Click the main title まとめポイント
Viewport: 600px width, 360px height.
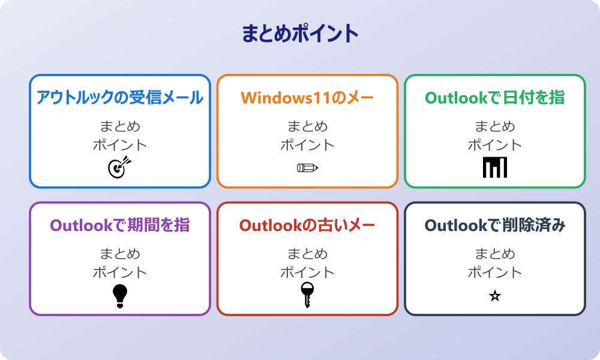pyautogui.click(x=300, y=34)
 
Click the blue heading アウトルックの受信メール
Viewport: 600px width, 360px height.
pyautogui.click(x=120, y=98)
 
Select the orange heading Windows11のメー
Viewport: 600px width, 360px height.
pyautogui.click(x=307, y=98)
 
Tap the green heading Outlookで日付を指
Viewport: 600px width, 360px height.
pyautogui.click(x=494, y=98)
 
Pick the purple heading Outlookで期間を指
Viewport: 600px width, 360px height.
pyautogui.click(x=120, y=226)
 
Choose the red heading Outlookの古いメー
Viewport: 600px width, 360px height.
pyautogui.click(x=307, y=226)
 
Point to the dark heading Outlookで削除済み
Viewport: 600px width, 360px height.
pyautogui.click(x=494, y=226)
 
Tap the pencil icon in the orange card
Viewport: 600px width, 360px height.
pyautogui.click(x=307, y=167)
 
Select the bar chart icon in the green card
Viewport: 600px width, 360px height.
pyautogui.click(x=494, y=167)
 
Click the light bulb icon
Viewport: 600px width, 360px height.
pyautogui.click(x=120, y=295)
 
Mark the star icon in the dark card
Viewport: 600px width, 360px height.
pyautogui.click(x=494, y=296)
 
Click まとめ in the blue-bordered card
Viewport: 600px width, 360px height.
pyautogui.click(x=120, y=127)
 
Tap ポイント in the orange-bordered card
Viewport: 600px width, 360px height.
pyautogui.click(x=307, y=145)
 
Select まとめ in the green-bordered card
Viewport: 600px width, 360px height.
pyautogui.click(x=494, y=127)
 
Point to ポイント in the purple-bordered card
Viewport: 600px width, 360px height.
pyautogui.click(x=120, y=272)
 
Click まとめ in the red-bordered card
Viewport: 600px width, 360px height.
pyautogui.click(x=307, y=254)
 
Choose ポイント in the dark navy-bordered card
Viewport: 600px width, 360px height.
pyautogui.click(x=494, y=272)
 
